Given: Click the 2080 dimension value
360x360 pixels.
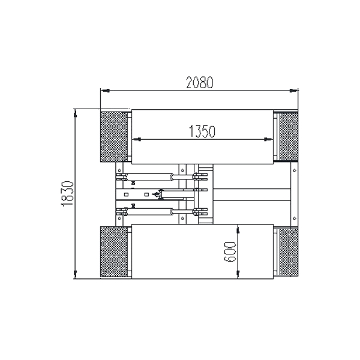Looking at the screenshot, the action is (200, 83).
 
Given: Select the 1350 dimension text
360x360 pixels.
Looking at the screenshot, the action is (202, 131).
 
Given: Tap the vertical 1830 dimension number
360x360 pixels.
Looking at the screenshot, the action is (68, 194).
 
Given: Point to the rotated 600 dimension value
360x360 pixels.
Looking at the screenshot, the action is (230, 251).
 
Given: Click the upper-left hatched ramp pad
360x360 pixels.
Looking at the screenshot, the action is (114, 137).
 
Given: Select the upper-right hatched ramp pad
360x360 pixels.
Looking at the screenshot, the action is (289, 137).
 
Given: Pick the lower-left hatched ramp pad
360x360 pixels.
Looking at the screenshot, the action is (114, 251).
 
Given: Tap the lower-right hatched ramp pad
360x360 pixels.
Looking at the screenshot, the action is (289, 251).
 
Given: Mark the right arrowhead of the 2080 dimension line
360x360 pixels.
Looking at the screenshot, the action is (294, 91).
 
